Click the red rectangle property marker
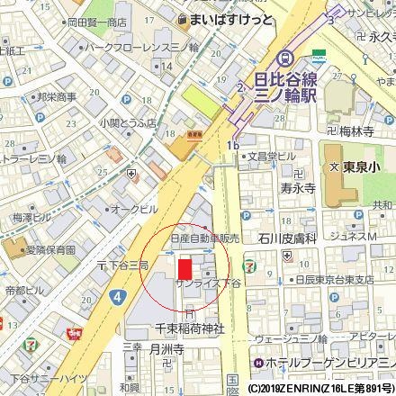[x=184, y=267]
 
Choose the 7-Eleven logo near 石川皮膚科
[x=247, y=267]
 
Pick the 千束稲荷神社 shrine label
[x=189, y=328]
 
